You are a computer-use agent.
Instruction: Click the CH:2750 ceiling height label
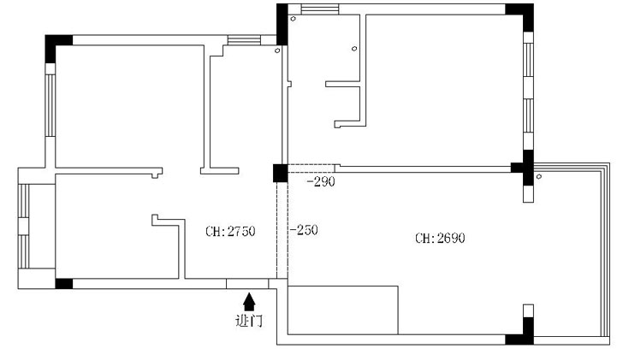(x=230, y=231)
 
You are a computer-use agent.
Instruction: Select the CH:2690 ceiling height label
(x=440, y=239)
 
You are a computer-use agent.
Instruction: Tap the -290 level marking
(x=321, y=182)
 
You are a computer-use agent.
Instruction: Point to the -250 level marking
(x=304, y=230)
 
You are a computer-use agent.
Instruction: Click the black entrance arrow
(x=249, y=302)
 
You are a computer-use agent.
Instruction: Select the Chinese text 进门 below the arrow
(x=249, y=321)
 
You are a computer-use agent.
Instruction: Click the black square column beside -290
(x=280, y=173)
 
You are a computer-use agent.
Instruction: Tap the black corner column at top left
(x=56, y=45)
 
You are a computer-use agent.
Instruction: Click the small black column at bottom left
(x=64, y=283)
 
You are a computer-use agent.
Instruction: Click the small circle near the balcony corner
(x=539, y=177)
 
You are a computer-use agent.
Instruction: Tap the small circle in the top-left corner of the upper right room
(x=294, y=19)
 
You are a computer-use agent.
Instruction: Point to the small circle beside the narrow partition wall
(x=354, y=49)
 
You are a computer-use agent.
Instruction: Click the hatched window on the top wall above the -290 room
(x=320, y=9)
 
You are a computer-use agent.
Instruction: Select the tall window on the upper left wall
(x=50, y=105)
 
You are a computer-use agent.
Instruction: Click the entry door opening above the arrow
(x=247, y=283)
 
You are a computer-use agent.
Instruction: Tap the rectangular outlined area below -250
(x=342, y=310)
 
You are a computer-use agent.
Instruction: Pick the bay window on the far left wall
(x=24, y=226)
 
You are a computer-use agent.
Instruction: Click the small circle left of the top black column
(x=277, y=50)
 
